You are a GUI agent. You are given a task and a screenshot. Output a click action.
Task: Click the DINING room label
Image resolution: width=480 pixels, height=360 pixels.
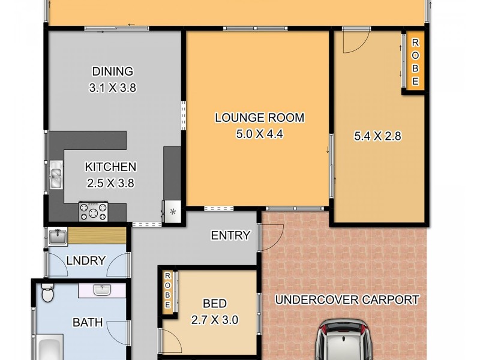pyautogui.click(x=112, y=71)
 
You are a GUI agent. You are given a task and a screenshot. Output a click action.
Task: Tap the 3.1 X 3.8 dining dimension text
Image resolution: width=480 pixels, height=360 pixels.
pyautogui.click(x=112, y=88)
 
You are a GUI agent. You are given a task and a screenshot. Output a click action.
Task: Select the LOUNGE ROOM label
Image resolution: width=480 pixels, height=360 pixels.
pyautogui.click(x=259, y=118)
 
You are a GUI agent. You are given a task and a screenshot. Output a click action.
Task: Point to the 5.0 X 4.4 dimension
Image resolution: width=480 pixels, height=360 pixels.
pyautogui.click(x=259, y=134)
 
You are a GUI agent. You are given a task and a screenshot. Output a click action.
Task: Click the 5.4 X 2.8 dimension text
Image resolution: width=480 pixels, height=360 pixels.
pyautogui.click(x=377, y=136)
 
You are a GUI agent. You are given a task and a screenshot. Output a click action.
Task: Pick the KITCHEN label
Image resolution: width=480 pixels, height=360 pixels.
pyautogui.click(x=110, y=167)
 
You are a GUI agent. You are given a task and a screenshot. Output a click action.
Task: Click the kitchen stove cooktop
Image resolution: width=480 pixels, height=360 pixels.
pyautogui.click(x=94, y=211)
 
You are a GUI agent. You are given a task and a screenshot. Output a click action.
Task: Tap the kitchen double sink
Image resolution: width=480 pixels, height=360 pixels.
pyautogui.click(x=56, y=175)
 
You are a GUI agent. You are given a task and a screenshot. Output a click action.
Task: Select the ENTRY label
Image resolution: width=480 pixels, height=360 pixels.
pyautogui.click(x=230, y=236)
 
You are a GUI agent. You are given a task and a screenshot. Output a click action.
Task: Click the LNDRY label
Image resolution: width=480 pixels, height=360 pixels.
pyautogui.click(x=86, y=261)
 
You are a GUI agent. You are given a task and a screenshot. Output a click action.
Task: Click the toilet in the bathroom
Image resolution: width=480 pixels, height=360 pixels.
pyautogui.click(x=47, y=293)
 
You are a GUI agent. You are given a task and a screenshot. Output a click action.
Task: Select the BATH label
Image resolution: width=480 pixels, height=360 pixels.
pyautogui.click(x=88, y=323)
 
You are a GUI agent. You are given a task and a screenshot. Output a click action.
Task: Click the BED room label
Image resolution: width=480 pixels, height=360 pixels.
pyautogui.click(x=214, y=304)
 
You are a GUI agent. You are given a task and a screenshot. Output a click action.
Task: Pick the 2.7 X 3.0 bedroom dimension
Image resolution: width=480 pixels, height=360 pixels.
pyautogui.click(x=214, y=320)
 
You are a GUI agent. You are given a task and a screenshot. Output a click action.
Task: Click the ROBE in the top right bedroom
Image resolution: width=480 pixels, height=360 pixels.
pyautogui.click(x=415, y=62)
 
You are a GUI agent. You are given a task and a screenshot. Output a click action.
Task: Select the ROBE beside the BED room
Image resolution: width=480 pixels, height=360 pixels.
pyautogui.click(x=168, y=291)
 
